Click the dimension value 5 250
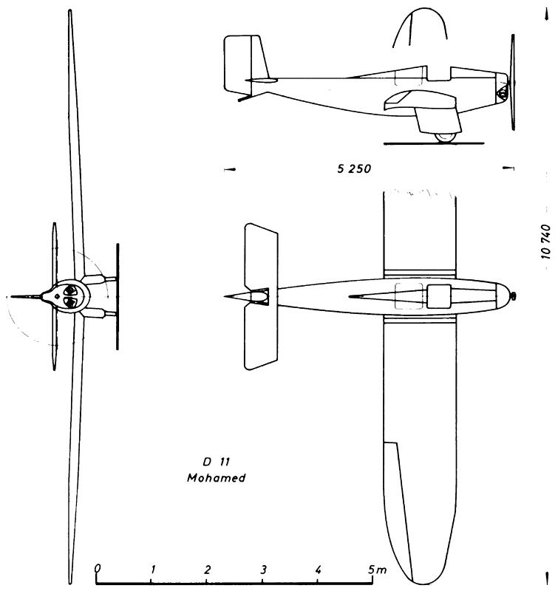pyautogui.click(x=354, y=168)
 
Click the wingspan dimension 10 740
pyautogui.click(x=546, y=242)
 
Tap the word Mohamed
pyautogui.click(x=217, y=478)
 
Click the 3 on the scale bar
pyautogui.click(x=264, y=570)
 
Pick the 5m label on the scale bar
pyautogui.click(x=377, y=570)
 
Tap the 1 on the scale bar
pyautogui.click(x=153, y=570)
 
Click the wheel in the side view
pyautogui.click(x=445, y=137)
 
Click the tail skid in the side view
pyautogui.click(x=245, y=98)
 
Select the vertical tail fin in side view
pyautogui.click(x=246, y=64)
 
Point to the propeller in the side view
pyautogui.click(x=513, y=82)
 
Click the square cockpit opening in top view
pyautogui.click(x=439, y=296)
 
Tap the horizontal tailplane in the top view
pyautogui.click(x=261, y=296)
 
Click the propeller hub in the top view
pyautogui.click(x=513, y=297)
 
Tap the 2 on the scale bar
pyautogui.click(x=208, y=570)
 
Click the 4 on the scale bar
pyautogui.click(x=319, y=570)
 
